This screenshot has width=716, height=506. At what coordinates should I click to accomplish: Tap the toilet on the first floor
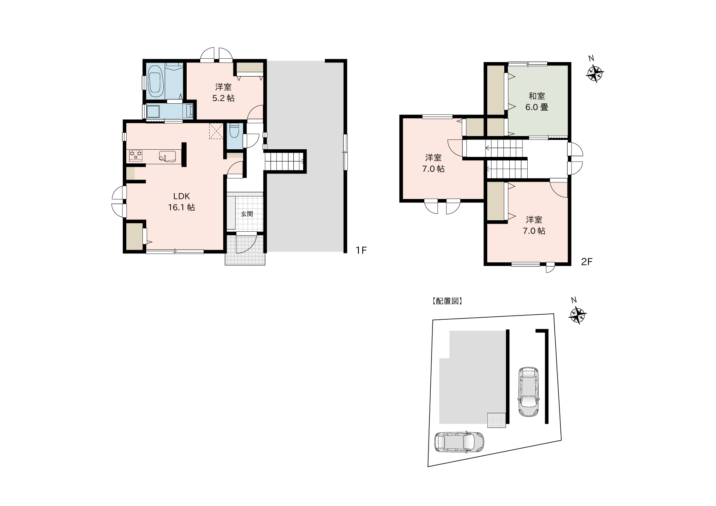tap(234, 131)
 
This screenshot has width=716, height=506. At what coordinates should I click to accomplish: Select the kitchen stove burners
tap(136, 156)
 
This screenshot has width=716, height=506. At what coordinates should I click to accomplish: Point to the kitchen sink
tap(167, 156)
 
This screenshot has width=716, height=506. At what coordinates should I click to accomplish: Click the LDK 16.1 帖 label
tap(182, 202)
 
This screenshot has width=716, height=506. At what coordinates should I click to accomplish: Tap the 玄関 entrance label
tap(247, 214)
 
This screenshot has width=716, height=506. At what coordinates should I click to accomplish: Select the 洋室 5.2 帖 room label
tap(223, 92)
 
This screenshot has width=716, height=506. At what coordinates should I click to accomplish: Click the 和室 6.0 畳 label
tap(537, 101)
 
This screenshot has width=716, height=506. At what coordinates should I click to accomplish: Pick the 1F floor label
tap(361, 250)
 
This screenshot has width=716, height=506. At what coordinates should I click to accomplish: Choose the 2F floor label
tap(587, 262)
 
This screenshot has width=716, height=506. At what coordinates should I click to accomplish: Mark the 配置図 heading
tap(447, 301)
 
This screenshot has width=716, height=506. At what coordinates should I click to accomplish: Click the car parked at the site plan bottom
tap(459, 442)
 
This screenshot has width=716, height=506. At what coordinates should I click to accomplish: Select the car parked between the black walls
tap(528, 392)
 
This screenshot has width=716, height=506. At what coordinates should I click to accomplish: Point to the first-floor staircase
tap(284, 161)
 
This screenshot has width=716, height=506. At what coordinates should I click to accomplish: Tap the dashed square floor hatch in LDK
tap(216, 131)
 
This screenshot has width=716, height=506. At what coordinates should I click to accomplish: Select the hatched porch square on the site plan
tap(497, 420)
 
